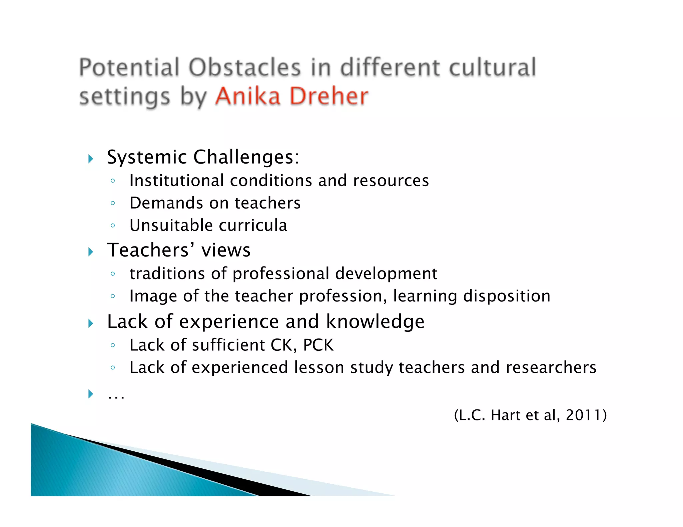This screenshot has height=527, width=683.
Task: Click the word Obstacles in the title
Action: click(x=245, y=68)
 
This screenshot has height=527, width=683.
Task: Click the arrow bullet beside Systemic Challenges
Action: click(x=91, y=159)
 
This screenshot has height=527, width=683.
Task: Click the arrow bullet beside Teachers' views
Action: click(x=91, y=252)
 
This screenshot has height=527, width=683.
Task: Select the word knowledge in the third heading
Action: click(x=375, y=322)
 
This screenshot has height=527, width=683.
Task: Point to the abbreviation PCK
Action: click(x=318, y=345)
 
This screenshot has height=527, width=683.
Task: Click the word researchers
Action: click(x=551, y=368)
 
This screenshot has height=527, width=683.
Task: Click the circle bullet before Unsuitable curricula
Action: click(x=113, y=226)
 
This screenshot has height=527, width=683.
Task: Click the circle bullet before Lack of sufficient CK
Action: click(x=113, y=345)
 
